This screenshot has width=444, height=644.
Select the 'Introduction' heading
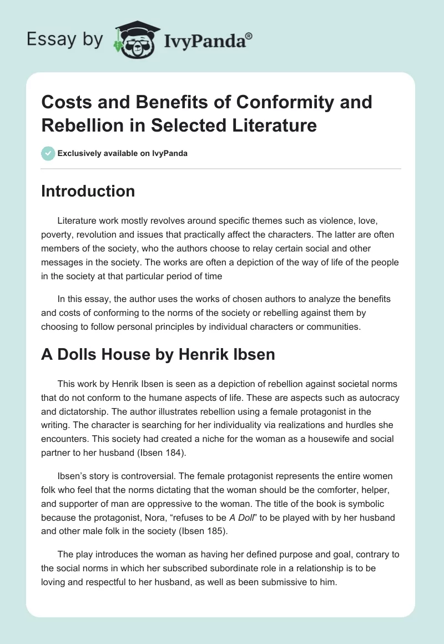[88, 191]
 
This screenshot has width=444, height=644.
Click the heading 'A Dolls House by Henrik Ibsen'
[158, 354]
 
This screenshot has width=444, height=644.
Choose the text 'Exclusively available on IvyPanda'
[123, 153]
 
